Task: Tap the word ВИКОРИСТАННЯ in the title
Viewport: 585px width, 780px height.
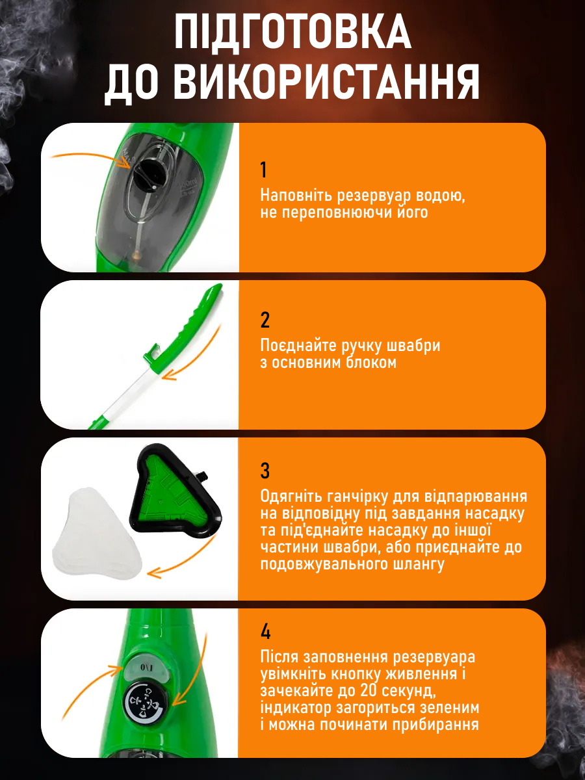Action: (326, 82)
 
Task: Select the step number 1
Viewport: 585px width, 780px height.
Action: (263, 170)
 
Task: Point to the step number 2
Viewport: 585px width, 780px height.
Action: (265, 320)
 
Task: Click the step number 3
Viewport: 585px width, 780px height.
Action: (265, 471)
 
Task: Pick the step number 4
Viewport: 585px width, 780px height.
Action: (265, 632)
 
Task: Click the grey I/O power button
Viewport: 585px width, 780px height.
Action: (146, 667)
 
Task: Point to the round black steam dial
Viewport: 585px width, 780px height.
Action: (146, 703)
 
